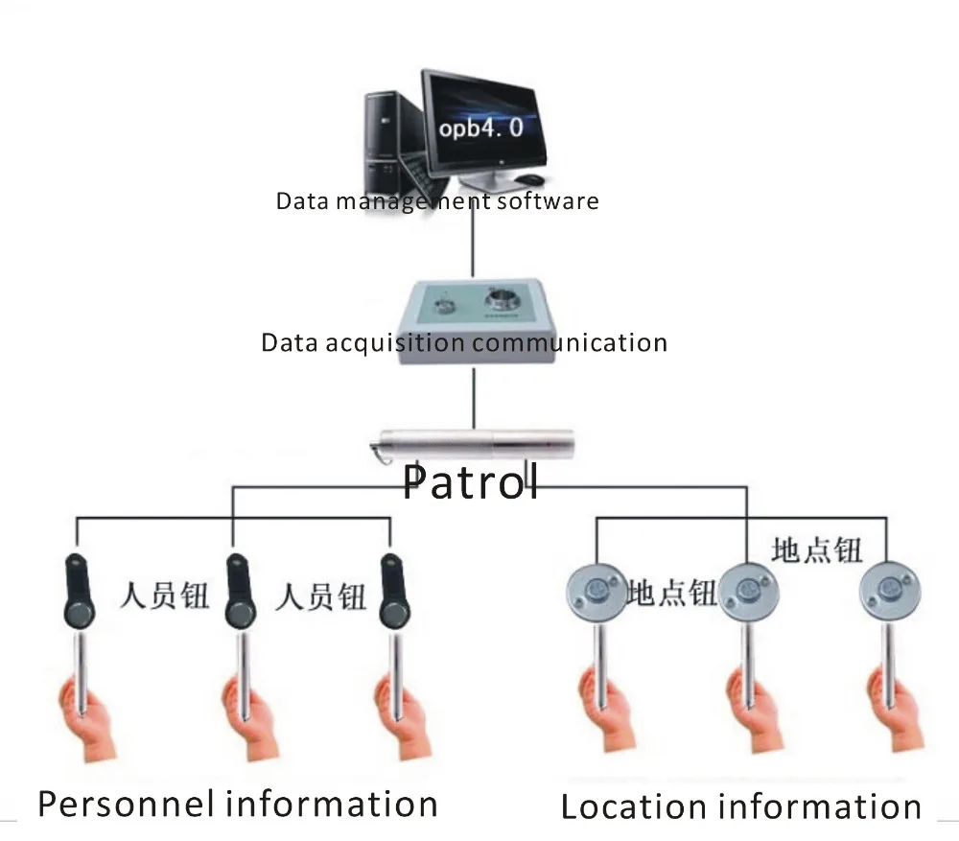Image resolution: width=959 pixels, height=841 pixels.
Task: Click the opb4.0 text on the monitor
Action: [480, 128]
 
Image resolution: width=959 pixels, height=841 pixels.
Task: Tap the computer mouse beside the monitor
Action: [529, 179]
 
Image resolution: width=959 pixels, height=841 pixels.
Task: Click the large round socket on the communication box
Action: [502, 300]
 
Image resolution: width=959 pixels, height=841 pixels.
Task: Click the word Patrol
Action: [470, 482]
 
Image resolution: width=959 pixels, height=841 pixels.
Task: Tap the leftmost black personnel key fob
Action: [79, 591]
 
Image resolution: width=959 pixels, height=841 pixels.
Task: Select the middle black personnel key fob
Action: [239, 591]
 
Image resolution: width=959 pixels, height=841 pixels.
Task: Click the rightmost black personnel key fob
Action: [393, 591]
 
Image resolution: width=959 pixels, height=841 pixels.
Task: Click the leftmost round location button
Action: [596, 592]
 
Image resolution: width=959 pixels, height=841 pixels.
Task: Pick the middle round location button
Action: [748, 592]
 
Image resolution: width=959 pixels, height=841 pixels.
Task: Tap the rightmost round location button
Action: [889, 591]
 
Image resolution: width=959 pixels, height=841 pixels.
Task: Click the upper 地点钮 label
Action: [816, 549]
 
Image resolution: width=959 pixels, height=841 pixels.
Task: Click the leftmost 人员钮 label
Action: [164, 596]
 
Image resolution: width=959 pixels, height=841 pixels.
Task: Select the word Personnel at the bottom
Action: [126, 805]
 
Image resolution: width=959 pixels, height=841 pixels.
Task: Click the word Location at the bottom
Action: [634, 806]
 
